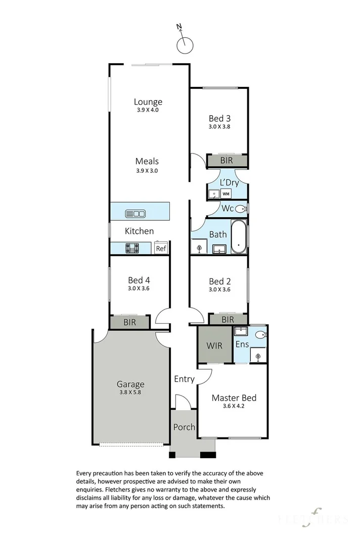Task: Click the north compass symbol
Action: point(185,42)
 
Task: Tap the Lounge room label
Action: point(148,102)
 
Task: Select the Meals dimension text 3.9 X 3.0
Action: point(147,171)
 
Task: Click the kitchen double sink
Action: point(136,214)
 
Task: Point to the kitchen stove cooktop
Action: point(132,248)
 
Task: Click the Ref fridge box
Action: point(161,248)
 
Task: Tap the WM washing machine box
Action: point(226,194)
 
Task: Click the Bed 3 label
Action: point(219,119)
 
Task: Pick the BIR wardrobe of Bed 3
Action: point(227,161)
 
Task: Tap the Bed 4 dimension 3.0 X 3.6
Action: point(139,288)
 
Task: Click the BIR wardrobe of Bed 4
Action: point(130,322)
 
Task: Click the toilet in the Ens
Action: point(261,334)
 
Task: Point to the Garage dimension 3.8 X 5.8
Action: point(130,392)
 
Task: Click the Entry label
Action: point(184,379)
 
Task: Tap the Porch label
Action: point(184,427)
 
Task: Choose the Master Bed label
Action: point(234,398)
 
